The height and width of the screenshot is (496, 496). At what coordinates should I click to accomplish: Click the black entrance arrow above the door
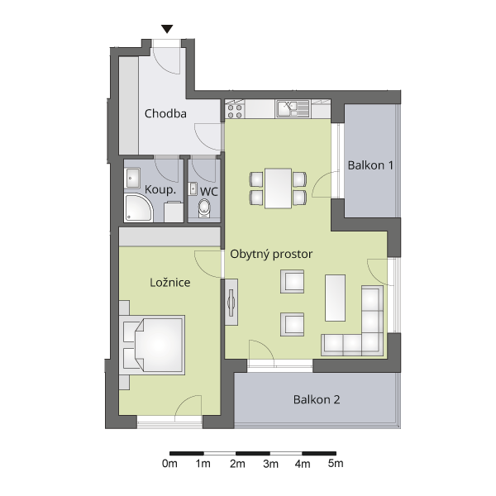(x=167, y=29)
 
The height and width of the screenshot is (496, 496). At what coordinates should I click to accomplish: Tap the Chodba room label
(x=165, y=113)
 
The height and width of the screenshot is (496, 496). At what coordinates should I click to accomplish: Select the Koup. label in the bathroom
(x=160, y=189)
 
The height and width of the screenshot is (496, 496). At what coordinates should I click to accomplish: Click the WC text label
(x=209, y=192)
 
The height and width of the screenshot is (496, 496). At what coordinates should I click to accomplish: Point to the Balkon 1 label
(x=370, y=165)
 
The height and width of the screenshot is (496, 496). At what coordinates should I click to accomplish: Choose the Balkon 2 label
(x=317, y=399)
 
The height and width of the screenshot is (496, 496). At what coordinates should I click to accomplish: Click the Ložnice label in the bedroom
(x=169, y=282)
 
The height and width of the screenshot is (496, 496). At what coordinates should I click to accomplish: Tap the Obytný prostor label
(x=271, y=254)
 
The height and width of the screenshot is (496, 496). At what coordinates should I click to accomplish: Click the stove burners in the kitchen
(x=235, y=109)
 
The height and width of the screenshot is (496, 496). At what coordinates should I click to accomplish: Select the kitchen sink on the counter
(x=293, y=108)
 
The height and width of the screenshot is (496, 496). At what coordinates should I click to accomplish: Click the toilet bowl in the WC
(x=204, y=208)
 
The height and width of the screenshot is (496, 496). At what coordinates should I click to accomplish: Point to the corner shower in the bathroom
(x=139, y=208)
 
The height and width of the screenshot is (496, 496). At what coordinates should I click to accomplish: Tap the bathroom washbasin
(x=133, y=178)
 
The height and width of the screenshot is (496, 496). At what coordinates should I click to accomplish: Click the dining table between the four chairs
(x=278, y=188)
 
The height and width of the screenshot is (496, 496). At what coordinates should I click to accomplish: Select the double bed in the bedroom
(x=152, y=345)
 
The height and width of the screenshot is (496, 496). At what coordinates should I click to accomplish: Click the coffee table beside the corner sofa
(x=335, y=298)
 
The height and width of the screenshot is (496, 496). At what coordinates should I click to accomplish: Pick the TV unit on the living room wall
(x=231, y=303)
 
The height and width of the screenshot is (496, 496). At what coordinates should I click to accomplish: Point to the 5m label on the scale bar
(x=336, y=464)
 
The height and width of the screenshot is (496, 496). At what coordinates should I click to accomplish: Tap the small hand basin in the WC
(x=193, y=188)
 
